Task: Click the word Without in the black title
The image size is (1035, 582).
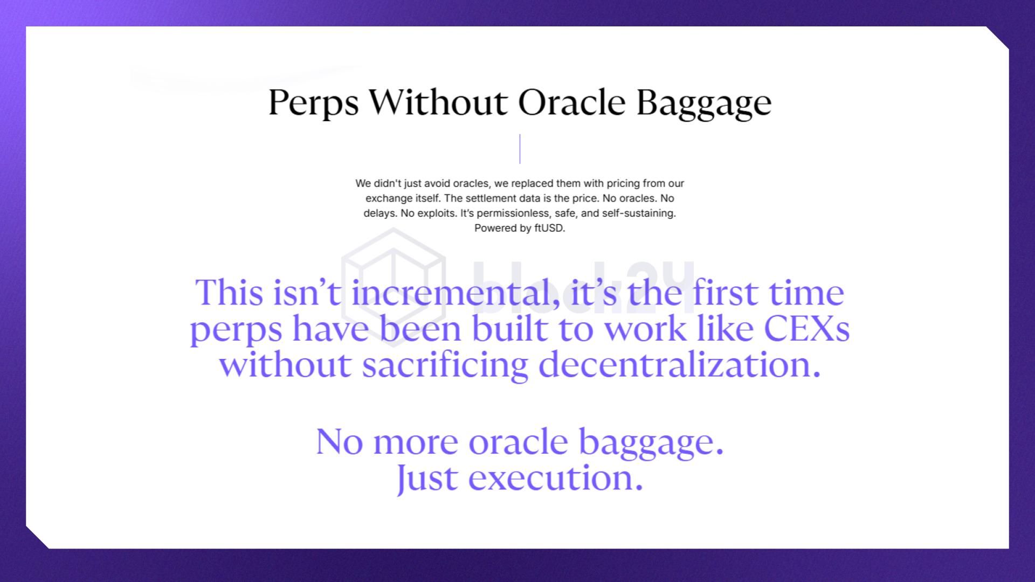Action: (x=438, y=101)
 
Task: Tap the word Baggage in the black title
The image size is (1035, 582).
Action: (x=704, y=103)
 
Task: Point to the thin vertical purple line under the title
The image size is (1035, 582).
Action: (x=520, y=149)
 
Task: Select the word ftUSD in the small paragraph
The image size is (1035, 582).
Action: (x=549, y=228)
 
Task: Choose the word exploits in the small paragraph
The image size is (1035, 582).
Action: (x=436, y=213)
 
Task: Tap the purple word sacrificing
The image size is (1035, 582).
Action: (x=445, y=365)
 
